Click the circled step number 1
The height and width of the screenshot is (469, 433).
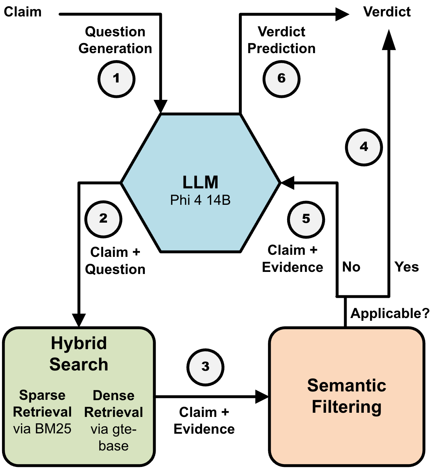click(x=116, y=79)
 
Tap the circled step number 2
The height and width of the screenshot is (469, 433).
click(x=103, y=219)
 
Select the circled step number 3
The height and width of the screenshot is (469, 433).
click(x=205, y=367)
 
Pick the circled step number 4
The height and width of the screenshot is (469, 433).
click(x=364, y=147)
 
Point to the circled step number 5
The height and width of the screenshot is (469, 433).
click(x=306, y=219)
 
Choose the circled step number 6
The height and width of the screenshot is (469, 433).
click(x=281, y=79)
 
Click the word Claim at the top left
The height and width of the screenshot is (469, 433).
click(x=23, y=12)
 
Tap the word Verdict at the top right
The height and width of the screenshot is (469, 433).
click(x=387, y=12)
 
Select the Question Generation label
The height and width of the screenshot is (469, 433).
click(x=115, y=40)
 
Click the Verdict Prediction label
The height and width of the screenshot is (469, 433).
click(x=281, y=40)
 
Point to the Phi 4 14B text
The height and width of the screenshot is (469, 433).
click(x=200, y=200)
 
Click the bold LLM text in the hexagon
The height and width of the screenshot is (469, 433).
click(x=200, y=182)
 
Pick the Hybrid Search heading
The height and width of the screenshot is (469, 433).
click(x=79, y=354)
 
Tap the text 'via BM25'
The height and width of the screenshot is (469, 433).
click(x=42, y=429)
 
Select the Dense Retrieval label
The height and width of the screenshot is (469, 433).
click(x=114, y=404)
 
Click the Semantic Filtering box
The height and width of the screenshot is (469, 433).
click(x=347, y=397)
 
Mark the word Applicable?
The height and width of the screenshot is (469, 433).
click(x=390, y=313)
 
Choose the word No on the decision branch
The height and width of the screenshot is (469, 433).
click(x=351, y=267)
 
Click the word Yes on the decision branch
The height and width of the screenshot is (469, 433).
click(x=406, y=267)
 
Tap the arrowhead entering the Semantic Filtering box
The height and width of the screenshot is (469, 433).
click(x=262, y=397)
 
